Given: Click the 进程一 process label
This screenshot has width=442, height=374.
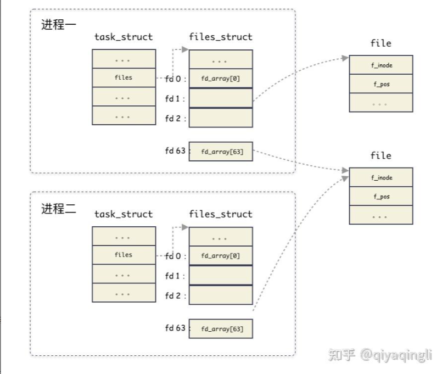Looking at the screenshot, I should click(59, 26).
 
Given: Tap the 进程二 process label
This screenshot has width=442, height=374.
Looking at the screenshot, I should click(59, 209).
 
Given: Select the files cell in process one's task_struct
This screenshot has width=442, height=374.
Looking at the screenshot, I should click(124, 78).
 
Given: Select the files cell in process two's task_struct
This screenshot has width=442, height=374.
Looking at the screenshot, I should click(124, 255).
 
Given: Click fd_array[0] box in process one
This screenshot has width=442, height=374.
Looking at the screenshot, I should click(220, 79).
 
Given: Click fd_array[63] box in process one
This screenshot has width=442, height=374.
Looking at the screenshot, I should click(220, 152).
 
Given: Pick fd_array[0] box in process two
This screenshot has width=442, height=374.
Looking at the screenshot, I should click(220, 256).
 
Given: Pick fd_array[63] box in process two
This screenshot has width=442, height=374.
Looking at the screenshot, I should click(220, 329).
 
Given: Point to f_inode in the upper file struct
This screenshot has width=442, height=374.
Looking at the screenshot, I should click(381, 65).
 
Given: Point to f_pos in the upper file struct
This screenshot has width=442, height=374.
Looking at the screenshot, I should click(381, 84).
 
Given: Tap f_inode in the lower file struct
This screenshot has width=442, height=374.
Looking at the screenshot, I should click(381, 178).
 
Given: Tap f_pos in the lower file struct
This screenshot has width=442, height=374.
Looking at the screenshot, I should click(381, 197).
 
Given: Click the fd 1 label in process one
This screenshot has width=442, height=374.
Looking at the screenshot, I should click(175, 99).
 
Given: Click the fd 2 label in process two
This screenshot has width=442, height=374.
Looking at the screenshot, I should click(175, 296).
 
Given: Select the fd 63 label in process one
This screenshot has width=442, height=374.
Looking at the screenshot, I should click(176, 150).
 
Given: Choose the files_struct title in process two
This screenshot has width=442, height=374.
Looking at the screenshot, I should click(220, 214).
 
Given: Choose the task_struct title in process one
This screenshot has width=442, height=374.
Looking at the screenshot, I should click(124, 37).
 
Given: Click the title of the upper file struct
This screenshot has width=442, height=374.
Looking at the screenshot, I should click(381, 43).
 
